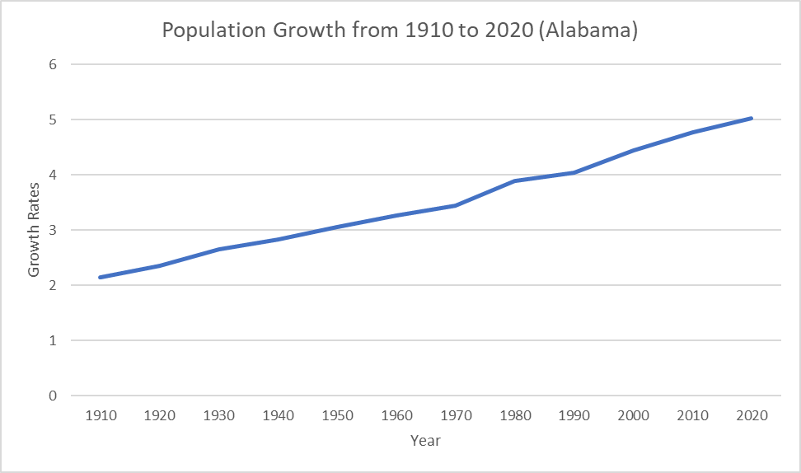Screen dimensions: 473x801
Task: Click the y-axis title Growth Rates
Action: [34, 230]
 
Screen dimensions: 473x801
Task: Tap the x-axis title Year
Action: [425, 441]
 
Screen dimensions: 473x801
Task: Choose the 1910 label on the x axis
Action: [101, 415]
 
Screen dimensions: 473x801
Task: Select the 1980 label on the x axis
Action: [515, 415]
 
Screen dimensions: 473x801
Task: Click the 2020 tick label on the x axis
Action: [752, 415]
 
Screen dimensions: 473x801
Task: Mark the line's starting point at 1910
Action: [101, 277]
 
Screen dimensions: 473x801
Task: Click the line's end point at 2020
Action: [752, 118]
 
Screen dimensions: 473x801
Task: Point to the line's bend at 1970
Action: [456, 205]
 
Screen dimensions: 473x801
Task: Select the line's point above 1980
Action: [515, 180]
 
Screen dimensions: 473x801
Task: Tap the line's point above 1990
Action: [574, 172]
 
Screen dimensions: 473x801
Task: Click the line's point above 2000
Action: [634, 150]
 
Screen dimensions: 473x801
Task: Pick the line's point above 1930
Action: [219, 249]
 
